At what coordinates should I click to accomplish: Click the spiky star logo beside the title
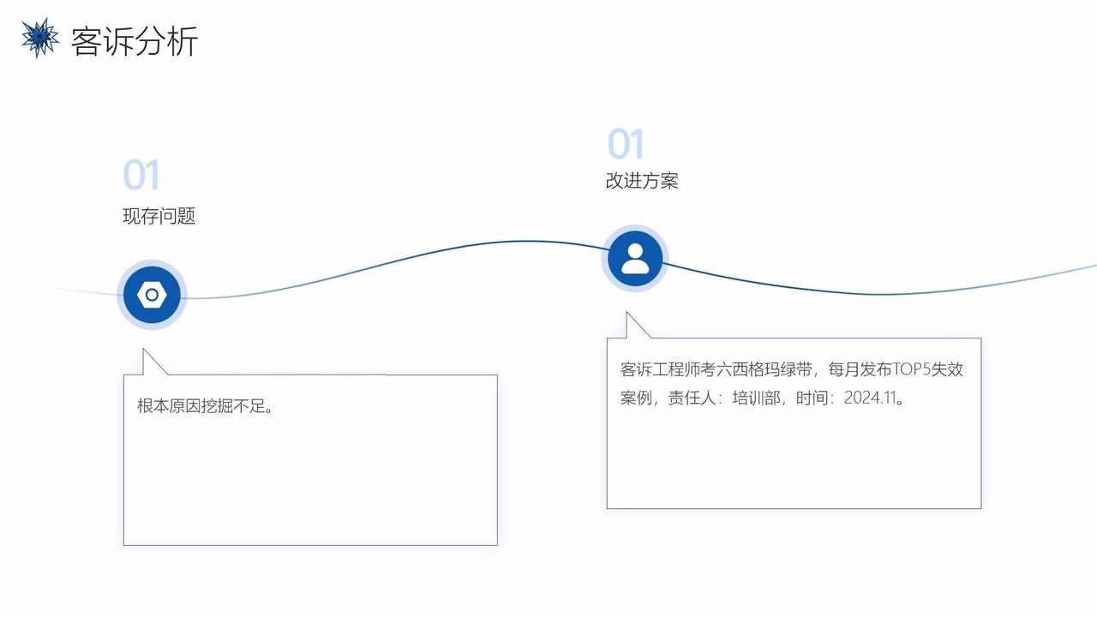click(x=39, y=38)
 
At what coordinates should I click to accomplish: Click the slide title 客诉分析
click(x=135, y=41)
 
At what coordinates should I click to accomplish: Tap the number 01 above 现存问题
click(x=141, y=176)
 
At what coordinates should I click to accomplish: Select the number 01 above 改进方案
click(x=626, y=145)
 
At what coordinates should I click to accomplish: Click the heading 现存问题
click(x=159, y=216)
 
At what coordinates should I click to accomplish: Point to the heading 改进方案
click(x=642, y=181)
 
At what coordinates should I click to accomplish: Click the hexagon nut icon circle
click(x=152, y=295)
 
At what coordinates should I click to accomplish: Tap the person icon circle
click(x=635, y=258)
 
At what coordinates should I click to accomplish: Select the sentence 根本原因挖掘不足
click(x=206, y=406)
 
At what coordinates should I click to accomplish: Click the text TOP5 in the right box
click(x=911, y=369)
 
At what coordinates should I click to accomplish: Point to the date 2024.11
click(x=870, y=398)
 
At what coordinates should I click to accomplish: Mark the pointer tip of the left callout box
click(x=144, y=350)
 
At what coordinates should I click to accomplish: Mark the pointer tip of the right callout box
click(x=627, y=313)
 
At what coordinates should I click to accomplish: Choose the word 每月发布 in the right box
click(x=860, y=369)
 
